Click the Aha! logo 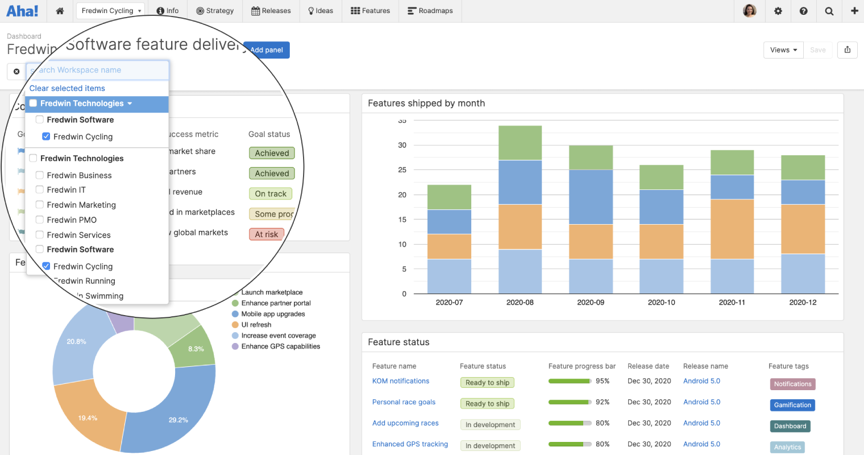23,11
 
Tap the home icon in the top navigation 60,11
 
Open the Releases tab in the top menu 271,11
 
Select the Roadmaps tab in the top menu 430,11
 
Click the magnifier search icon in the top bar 829,11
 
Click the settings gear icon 778,11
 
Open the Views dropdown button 783,50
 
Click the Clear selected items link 67,88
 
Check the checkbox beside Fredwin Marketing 40,205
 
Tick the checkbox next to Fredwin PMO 40,220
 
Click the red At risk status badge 266,234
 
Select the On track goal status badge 271,194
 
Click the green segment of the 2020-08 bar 520,143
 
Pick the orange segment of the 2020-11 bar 732,229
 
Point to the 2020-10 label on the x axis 661,303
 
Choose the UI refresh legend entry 256,325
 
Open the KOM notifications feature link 401,381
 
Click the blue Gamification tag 792,405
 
